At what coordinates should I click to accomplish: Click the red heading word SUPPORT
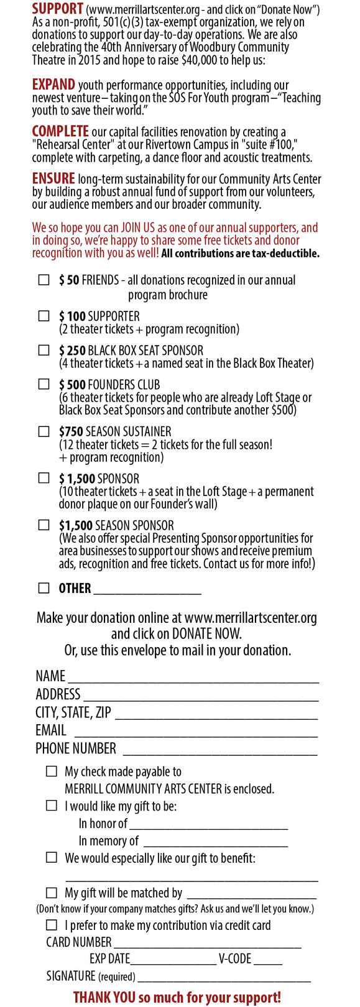click(58, 9)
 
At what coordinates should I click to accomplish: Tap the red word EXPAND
click(53, 85)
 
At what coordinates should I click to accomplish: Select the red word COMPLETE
click(60, 131)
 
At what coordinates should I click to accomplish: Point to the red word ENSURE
click(53, 178)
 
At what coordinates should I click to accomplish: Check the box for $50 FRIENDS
click(44, 280)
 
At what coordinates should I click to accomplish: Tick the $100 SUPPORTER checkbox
click(44, 316)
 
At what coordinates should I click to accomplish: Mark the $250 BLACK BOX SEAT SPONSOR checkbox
click(44, 351)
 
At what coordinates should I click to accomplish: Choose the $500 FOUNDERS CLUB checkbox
click(44, 385)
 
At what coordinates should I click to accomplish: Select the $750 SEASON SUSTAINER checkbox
click(44, 431)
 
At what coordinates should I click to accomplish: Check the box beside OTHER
click(44, 588)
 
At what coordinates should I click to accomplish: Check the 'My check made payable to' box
click(52, 771)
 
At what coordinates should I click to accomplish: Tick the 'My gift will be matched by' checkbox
click(52, 893)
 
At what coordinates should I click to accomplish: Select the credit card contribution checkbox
click(52, 925)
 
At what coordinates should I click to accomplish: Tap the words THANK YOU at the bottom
click(104, 997)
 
